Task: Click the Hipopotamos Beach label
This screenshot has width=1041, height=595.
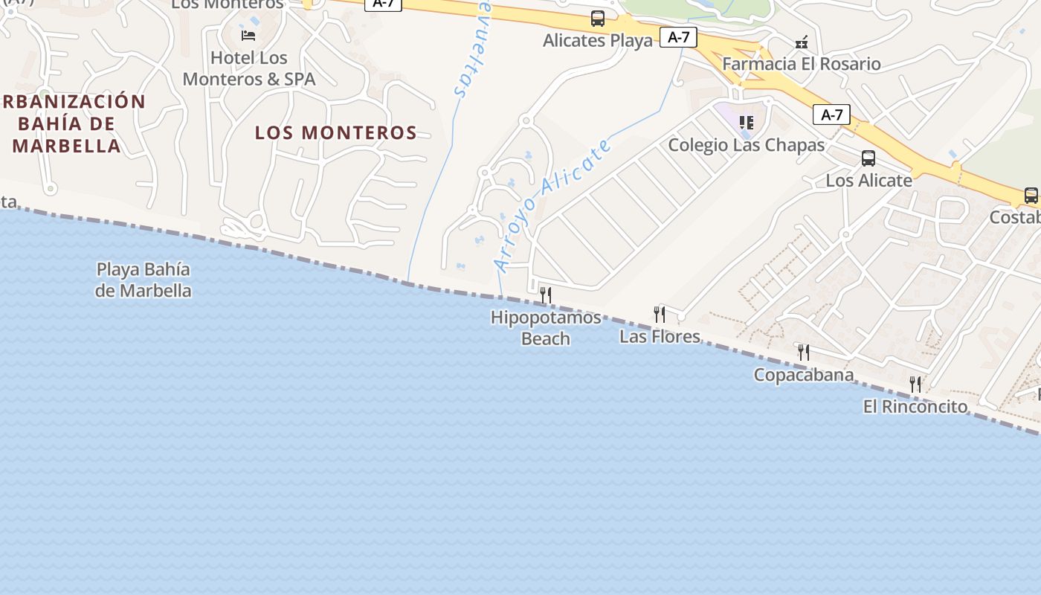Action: tap(546, 328)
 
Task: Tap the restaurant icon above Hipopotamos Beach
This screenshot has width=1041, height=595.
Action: tap(546, 295)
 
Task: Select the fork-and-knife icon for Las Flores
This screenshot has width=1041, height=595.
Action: tap(660, 314)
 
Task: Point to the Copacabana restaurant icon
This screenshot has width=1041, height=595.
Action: tap(804, 352)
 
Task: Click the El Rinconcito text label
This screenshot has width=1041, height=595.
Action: tap(915, 407)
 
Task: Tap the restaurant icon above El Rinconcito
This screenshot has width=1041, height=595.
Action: tap(915, 384)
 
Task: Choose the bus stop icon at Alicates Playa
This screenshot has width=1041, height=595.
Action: tap(598, 19)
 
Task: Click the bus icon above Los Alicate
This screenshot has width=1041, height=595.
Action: tap(868, 158)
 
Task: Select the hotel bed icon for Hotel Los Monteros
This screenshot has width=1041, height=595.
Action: tap(248, 35)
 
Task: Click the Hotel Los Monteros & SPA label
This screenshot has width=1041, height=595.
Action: tap(249, 68)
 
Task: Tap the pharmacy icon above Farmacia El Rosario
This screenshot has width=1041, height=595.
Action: tap(802, 43)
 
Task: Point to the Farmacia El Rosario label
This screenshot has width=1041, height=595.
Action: tap(802, 64)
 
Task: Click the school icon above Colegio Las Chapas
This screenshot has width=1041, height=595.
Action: tap(747, 122)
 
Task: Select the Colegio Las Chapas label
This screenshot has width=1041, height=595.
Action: tap(747, 145)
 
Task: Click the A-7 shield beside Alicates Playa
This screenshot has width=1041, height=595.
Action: tap(678, 37)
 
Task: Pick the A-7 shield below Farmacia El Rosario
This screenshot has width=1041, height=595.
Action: tap(831, 115)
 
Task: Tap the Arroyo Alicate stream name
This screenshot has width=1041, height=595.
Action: tap(553, 205)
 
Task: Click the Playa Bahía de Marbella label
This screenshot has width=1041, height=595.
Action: tap(144, 280)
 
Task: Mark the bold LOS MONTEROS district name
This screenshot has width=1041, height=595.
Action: tap(336, 133)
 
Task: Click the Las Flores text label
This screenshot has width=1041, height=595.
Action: tap(660, 337)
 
